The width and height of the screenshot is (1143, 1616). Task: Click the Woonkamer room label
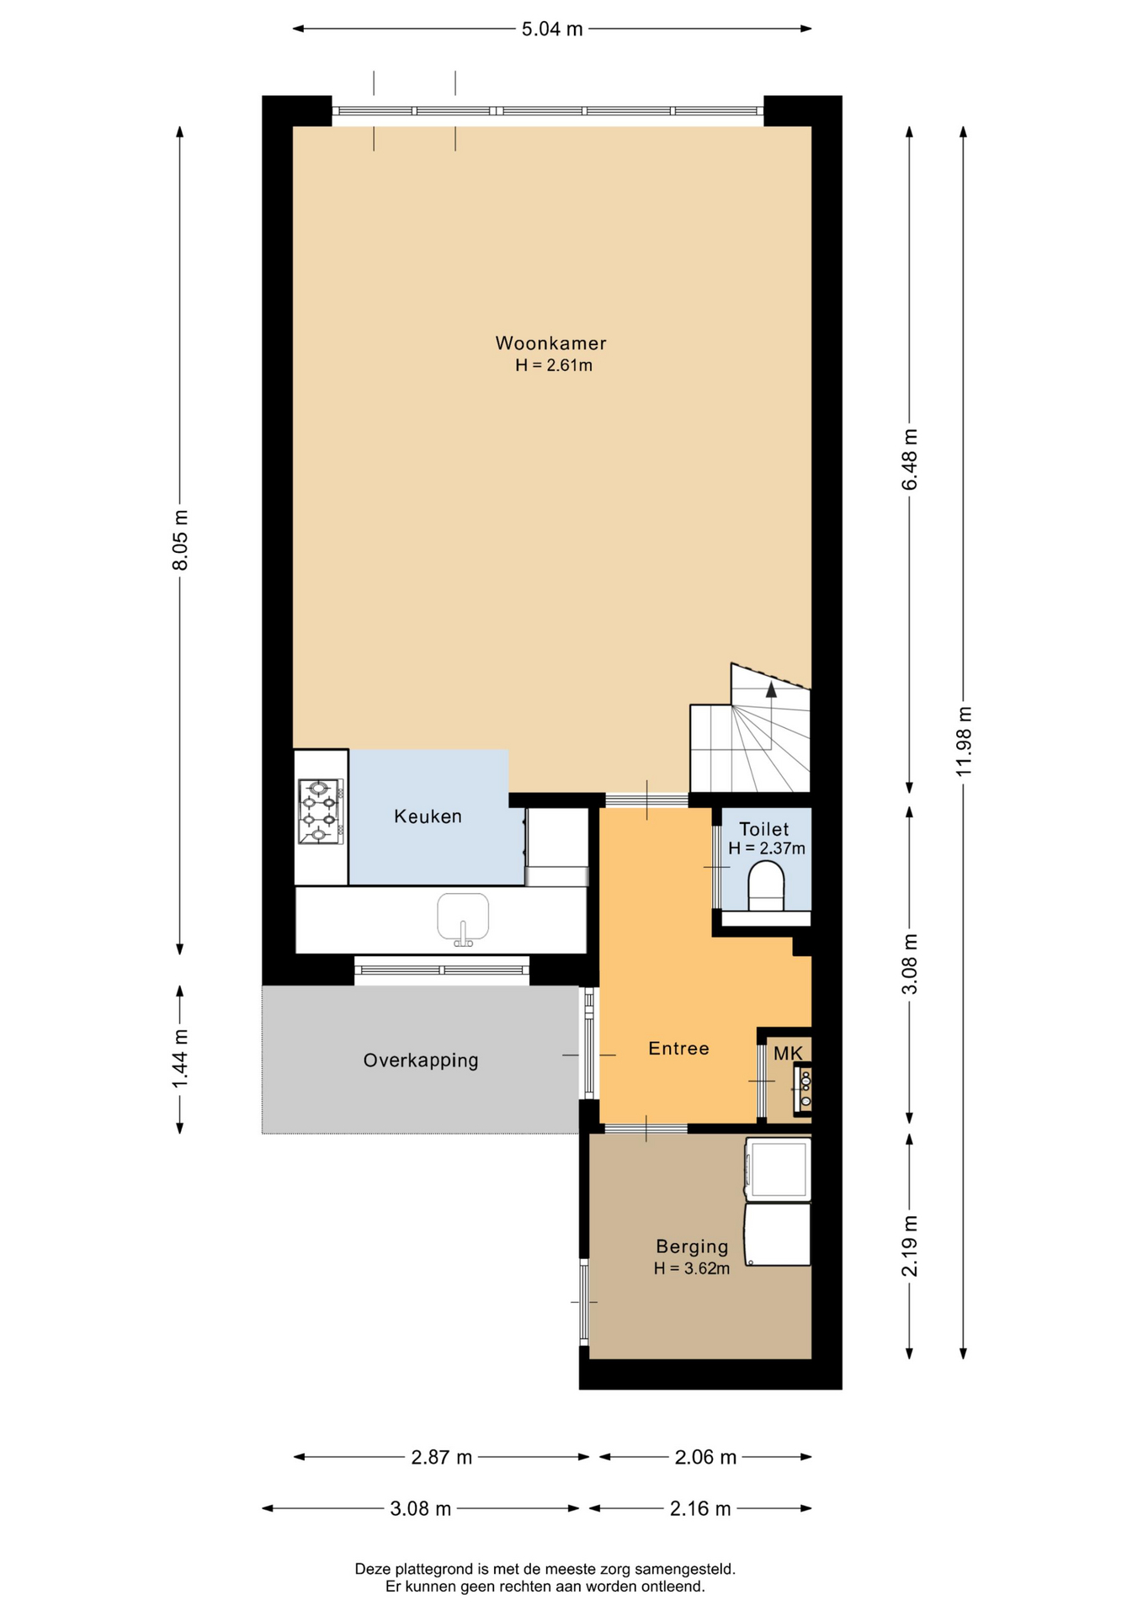point(550,343)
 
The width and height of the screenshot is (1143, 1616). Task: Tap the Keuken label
point(428,816)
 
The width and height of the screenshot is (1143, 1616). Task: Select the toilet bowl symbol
point(766,885)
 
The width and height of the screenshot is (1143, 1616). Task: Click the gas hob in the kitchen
point(320,811)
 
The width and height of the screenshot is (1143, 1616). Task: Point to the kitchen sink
point(463,918)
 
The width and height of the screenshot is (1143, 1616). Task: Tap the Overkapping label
point(421,1060)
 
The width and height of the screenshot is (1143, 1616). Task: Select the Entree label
point(678,1049)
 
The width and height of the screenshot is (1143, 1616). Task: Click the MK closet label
point(788,1054)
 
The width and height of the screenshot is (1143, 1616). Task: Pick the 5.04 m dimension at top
point(552,29)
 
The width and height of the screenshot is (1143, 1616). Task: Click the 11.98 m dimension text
point(965,742)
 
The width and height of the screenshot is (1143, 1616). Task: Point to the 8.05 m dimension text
point(180,540)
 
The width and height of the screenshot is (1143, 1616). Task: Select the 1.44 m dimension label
point(180,1058)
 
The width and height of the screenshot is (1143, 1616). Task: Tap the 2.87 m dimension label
point(441,1457)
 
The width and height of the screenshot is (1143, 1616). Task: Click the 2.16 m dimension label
point(700,1508)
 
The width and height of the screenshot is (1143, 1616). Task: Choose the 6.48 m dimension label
point(910,460)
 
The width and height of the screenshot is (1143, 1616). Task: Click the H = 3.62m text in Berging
point(692,1268)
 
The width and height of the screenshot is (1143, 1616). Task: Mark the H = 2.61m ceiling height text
point(554,365)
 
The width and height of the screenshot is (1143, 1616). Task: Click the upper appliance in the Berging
point(778,1169)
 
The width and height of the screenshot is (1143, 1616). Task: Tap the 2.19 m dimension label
point(910,1246)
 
